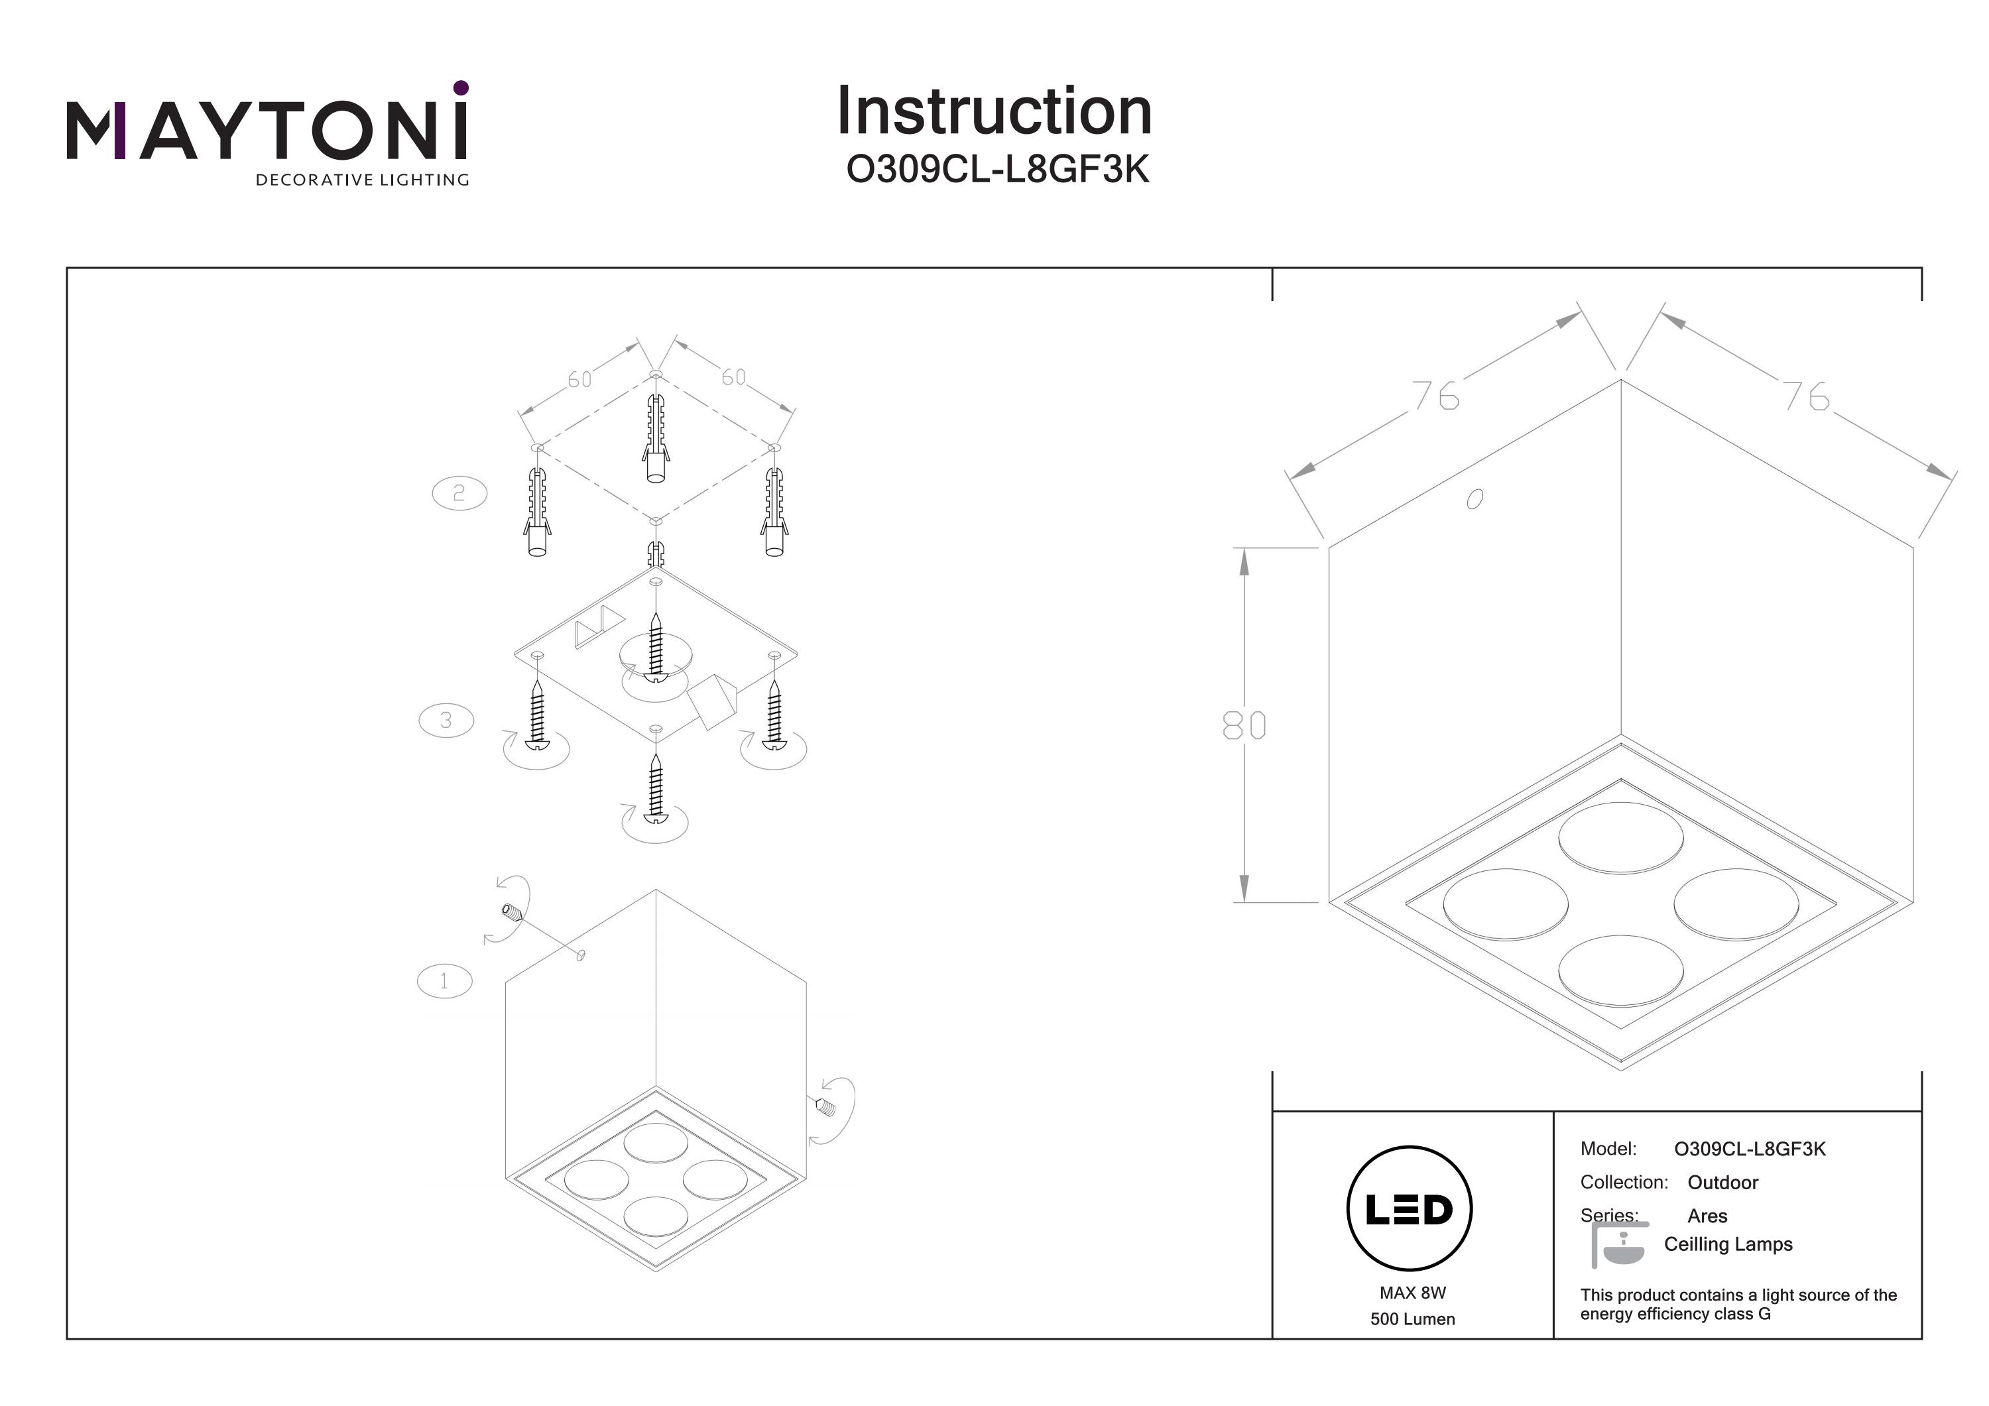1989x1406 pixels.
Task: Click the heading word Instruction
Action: pyautogui.click(x=994, y=112)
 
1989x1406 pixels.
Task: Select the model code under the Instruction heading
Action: pyautogui.click(x=997, y=170)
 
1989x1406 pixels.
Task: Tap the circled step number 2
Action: pyautogui.click(x=459, y=493)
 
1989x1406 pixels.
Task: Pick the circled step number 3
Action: pyautogui.click(x=446, y=720)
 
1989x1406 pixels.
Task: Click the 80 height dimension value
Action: pyautogui.click(x=1244, y=725)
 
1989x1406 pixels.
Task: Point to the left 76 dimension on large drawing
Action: pyautogui.click(x=1436, y=396)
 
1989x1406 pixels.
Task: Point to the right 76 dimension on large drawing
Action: pyautogui.click(x=1805, y=396)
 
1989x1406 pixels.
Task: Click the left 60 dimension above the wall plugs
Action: pyautogui.click(x=579, y=379)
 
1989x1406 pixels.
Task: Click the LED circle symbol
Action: pyautogui.click(x=1410, y=1209)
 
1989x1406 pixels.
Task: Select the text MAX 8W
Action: pyautogui.click(x=1413, y=1293)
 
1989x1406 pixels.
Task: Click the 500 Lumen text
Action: pyautogui.click(x=1413, y=1319)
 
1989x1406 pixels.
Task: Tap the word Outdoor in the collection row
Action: pyautogui.click(x=1722, y=1183)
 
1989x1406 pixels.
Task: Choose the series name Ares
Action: pyautogui.click(x=1707, y=1216)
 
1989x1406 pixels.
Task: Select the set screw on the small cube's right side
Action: pyautogui.click(x=824, y=1106)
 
